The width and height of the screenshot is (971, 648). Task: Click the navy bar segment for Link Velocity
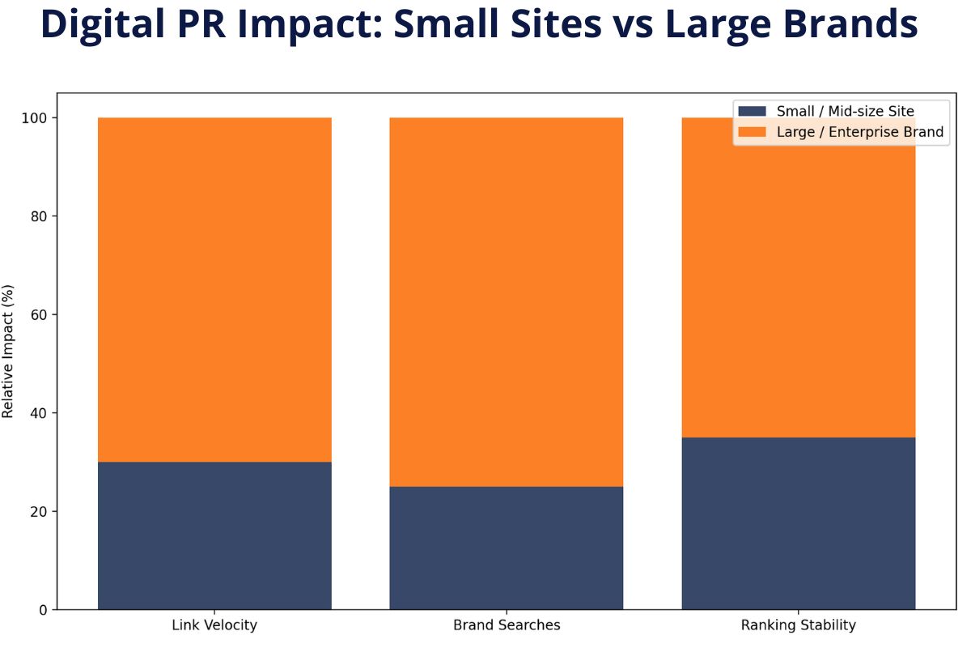coord(214,535)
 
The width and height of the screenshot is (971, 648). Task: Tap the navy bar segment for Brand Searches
coord(507,548)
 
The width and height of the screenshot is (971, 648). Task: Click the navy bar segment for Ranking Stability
coord(799,523)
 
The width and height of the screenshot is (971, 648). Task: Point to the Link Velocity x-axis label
coord(214,625)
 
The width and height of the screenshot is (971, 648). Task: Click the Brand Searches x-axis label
coord(507,625)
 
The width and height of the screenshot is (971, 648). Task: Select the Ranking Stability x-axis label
coord(799,625)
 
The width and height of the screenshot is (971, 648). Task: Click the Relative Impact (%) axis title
coord(9,351)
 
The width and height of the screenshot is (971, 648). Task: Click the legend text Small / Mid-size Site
coord(845,111)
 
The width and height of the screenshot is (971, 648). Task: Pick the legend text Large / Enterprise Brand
coord(859,132)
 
